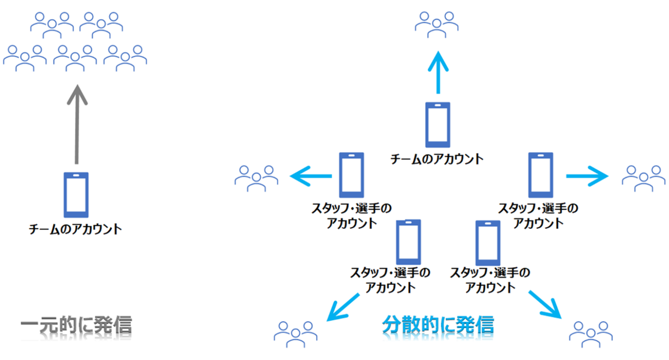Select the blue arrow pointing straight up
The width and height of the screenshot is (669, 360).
[438, 73]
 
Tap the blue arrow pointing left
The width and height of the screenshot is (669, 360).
[311, 176]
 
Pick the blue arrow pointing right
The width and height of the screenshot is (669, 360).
[587, 176]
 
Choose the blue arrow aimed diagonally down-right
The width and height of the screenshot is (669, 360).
[545, 305]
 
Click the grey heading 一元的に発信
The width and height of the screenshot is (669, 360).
[76, 325]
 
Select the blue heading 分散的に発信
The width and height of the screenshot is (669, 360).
[438, 325]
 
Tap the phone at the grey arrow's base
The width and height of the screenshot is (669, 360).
[76, 195]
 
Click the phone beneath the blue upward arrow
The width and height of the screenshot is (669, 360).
[438, 125]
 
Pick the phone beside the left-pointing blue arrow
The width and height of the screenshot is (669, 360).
[351, 175]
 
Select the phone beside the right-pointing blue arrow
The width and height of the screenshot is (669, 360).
[541, 175]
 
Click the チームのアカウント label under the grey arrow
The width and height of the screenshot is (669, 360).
[75, 229]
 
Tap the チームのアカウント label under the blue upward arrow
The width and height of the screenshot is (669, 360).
[437, 159]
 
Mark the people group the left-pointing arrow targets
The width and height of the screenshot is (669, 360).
[256, 178]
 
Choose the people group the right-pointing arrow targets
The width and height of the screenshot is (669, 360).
[644, 178]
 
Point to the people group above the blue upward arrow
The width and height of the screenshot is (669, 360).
[437, 25]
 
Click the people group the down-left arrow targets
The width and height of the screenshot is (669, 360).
[296, 334]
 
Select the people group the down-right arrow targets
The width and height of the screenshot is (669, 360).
[591, 334]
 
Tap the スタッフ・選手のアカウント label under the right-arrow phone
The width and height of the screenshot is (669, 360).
[538, 216]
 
